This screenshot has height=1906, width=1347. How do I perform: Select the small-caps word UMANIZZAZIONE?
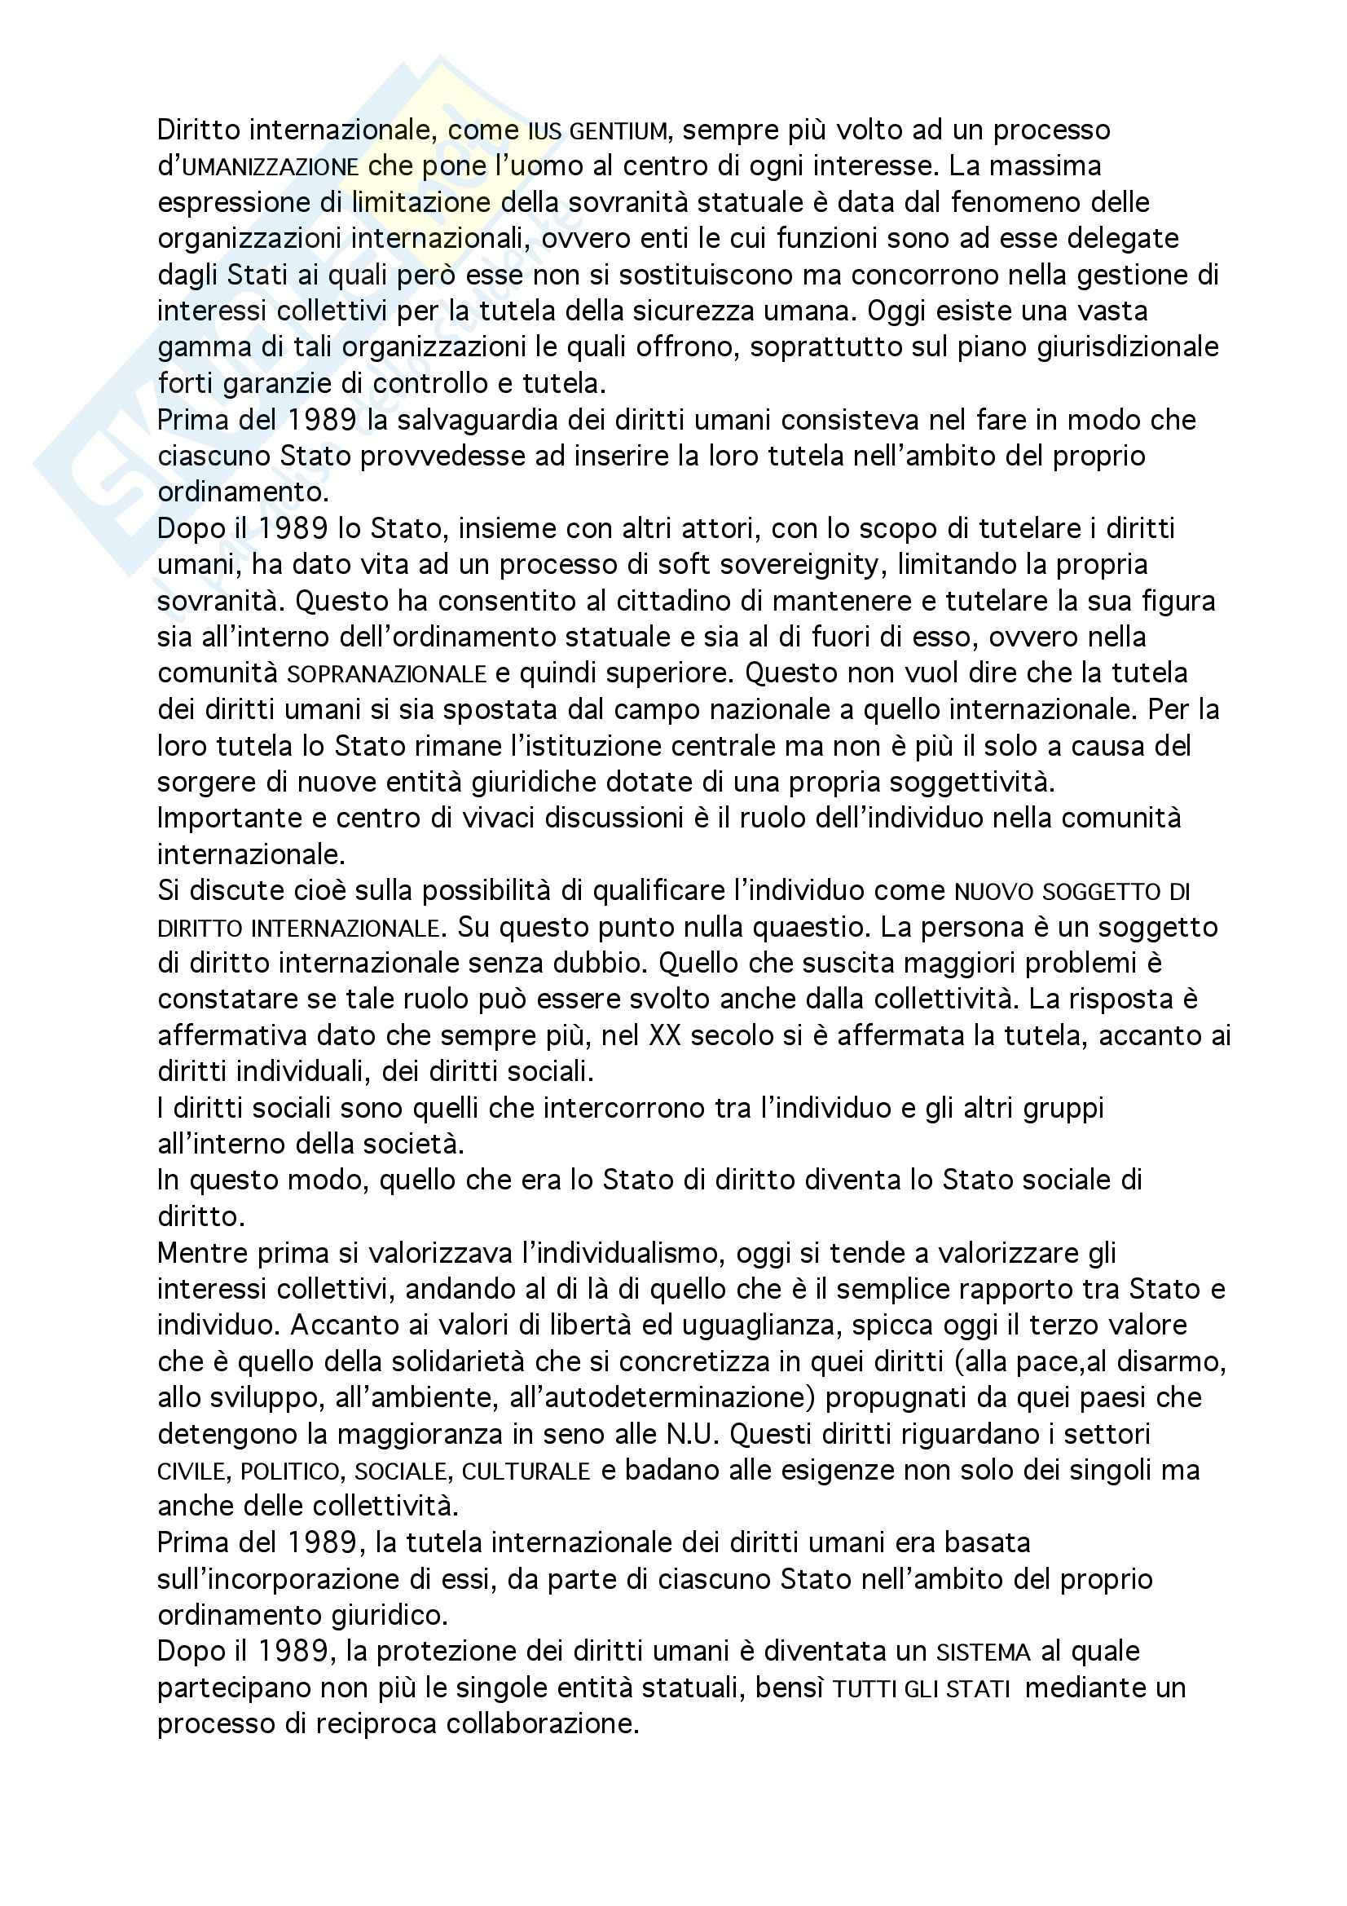(x=271, y=168)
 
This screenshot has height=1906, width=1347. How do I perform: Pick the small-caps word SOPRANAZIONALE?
(x=386, y=674)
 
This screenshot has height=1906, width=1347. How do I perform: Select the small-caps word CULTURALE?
(x=526, y=1471)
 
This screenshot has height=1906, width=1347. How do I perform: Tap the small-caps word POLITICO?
(x=290, y=1471)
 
